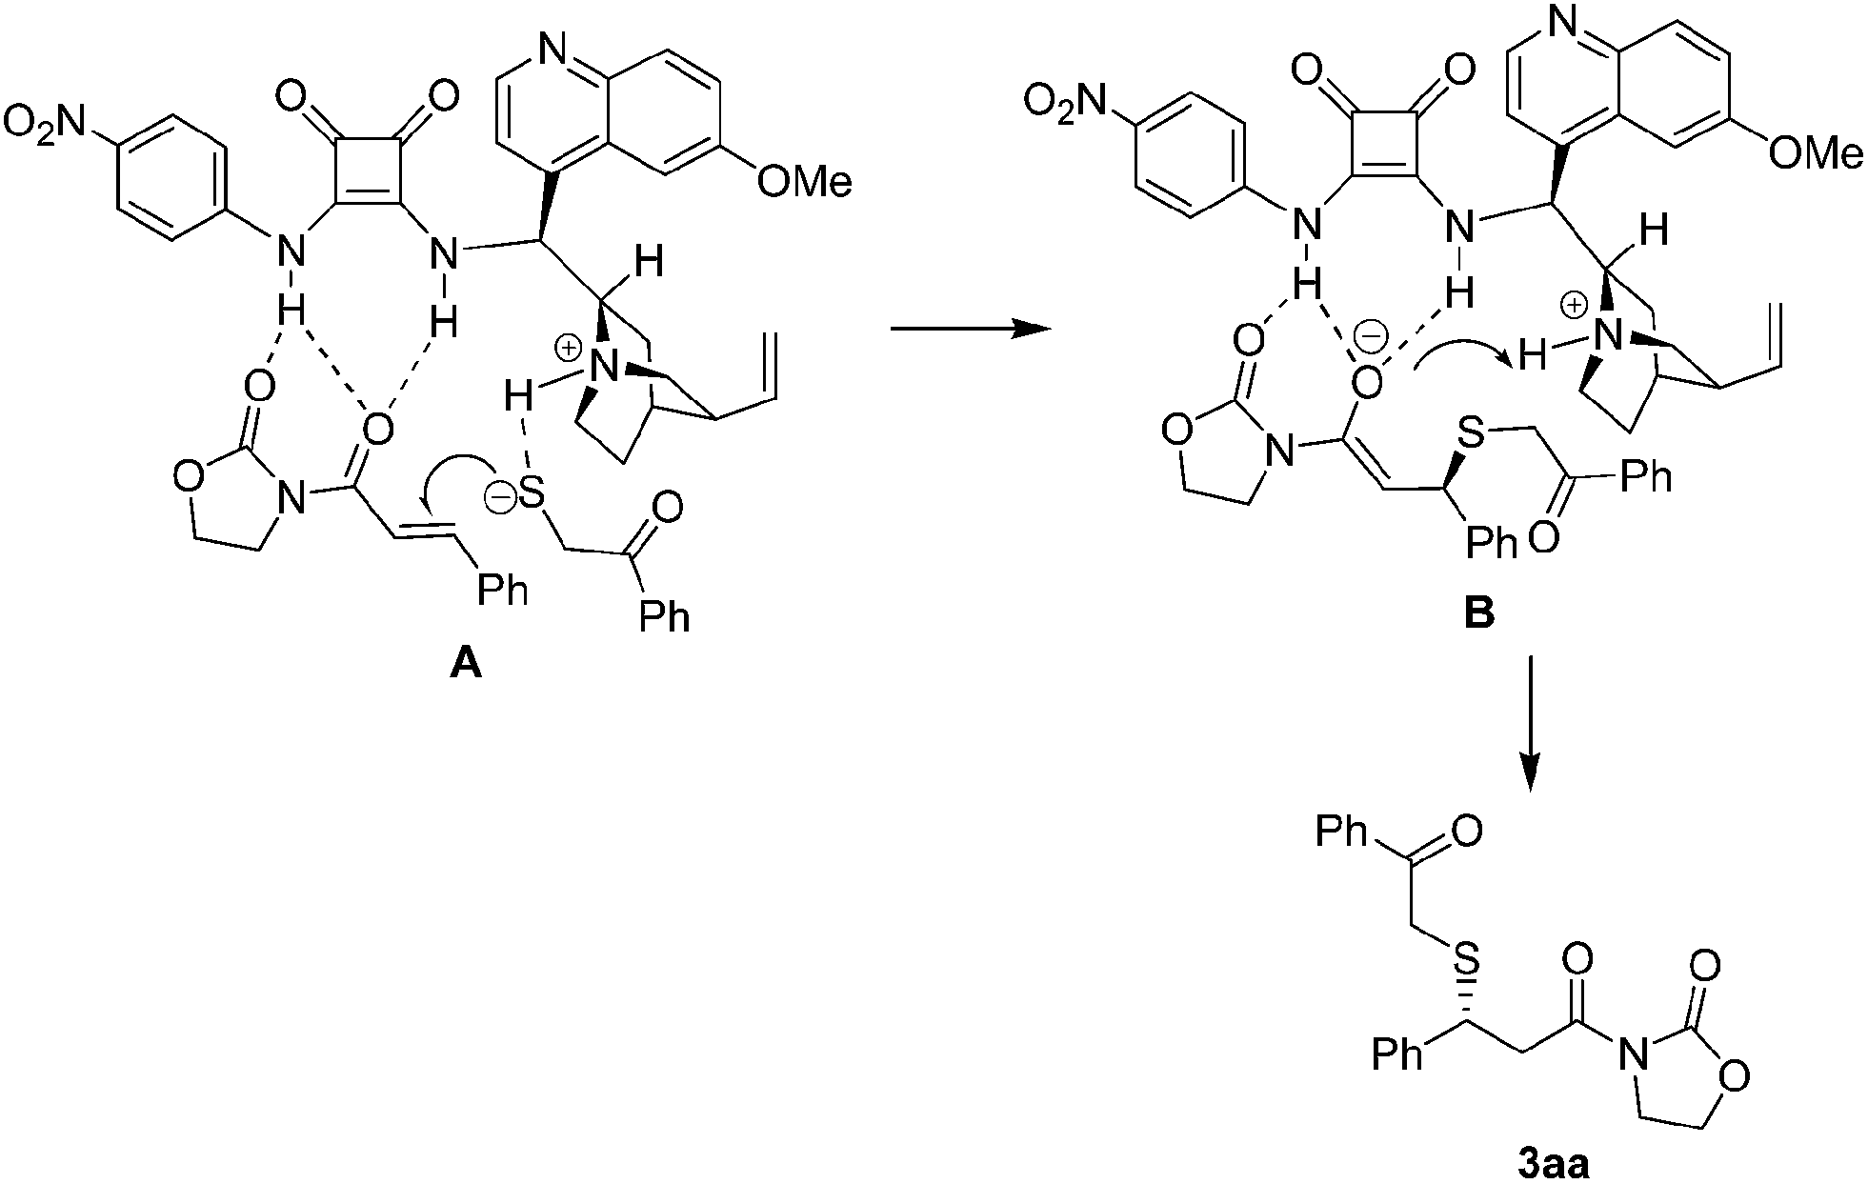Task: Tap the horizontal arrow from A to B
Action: (968, 330)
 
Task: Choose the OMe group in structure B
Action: (1816, 153)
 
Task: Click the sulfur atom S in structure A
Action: (532, 494)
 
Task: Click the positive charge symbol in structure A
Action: (568, 350)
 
